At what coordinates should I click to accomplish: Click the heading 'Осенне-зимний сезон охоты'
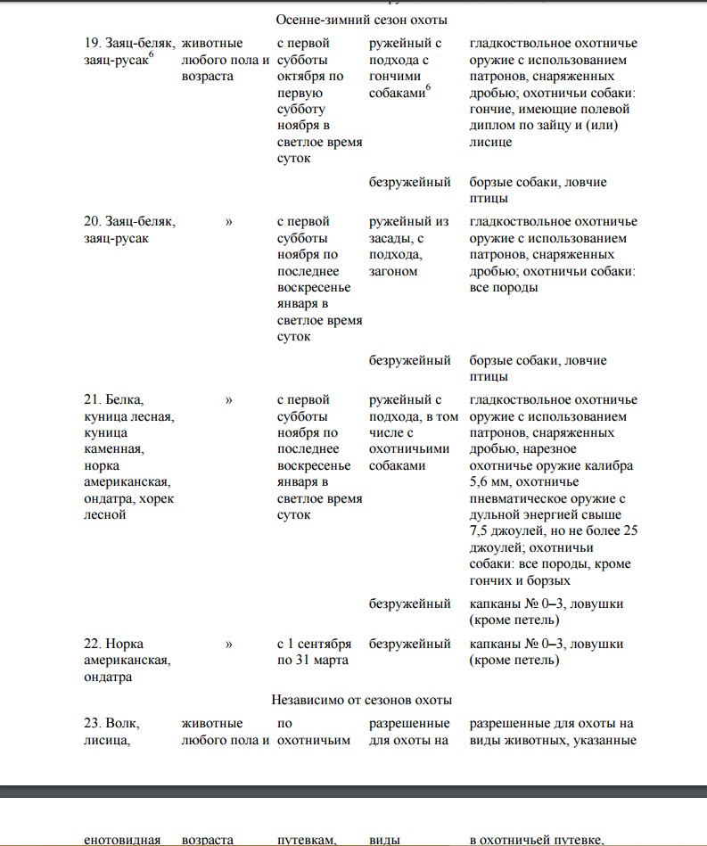[x=359, y=20]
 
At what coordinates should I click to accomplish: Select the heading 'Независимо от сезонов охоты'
[x=361, y=700]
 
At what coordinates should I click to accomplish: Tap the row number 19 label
[x=89, y=44]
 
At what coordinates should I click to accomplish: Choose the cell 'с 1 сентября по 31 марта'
[x=314, y=652]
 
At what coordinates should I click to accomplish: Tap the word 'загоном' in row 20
[x=393, y=271]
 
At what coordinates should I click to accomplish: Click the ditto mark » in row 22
[x=229, y=644]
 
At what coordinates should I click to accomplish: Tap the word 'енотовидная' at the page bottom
[x=122, y=839]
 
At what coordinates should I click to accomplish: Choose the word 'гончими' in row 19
[x=393, y=77]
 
